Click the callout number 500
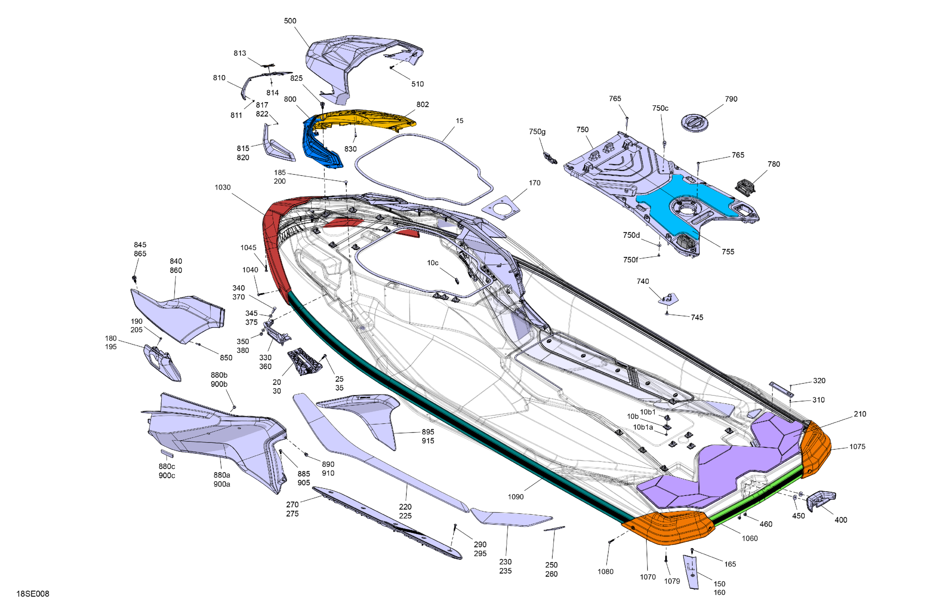tap(290, 20)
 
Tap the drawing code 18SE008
tap(32, 594)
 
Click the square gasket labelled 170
tap(501, 209)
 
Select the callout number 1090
tap(515, 497)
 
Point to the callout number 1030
tap(222, 187)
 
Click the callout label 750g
tap(537, 132)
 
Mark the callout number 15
tap(459, 121)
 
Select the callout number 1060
tap(749, 538)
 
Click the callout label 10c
tap(432, 263)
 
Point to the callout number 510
tap(417, 84)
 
